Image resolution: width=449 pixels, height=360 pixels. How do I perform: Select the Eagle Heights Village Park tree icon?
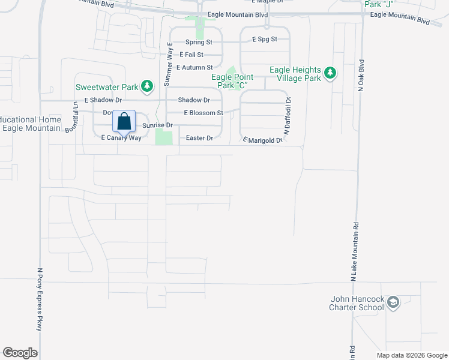coord(329,74)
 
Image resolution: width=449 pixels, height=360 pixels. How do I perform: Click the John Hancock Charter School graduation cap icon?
coord(393,302)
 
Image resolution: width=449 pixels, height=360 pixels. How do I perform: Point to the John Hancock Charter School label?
coord(357,304)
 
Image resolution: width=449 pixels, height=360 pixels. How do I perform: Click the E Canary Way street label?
coord(121,138)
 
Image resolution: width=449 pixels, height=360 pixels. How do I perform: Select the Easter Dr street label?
coord(199,138)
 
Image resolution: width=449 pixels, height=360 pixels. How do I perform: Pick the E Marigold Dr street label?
coord(262,140)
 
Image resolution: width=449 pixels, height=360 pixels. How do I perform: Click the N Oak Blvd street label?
coord(361,74)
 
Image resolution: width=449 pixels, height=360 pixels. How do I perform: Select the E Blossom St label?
coord(203,113)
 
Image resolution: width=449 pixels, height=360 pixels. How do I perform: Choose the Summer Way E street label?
coord(170,64)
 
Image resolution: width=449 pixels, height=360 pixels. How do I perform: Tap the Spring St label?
coord(199,42)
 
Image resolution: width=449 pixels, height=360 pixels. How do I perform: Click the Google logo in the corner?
coord(20,353)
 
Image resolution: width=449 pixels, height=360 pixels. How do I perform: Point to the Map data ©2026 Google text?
coord(411,355)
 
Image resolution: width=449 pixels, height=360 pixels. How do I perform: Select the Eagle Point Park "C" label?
coord(232,81)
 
